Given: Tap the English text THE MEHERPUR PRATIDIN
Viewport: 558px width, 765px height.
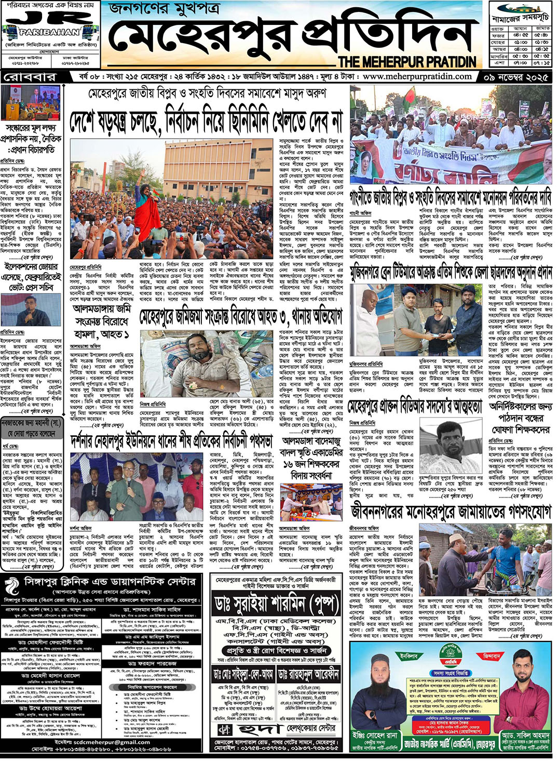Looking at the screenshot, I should click(x=407, y=62).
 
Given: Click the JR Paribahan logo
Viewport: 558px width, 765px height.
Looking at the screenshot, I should click(x=50, y=27).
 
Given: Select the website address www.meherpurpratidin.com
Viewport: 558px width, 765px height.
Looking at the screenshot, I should click(x=417, y=76).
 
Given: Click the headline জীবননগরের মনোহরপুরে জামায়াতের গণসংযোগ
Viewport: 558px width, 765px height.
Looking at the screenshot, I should click(x=451, y=512).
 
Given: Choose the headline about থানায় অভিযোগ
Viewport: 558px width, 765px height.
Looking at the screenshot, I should click(x=241, y=316).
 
